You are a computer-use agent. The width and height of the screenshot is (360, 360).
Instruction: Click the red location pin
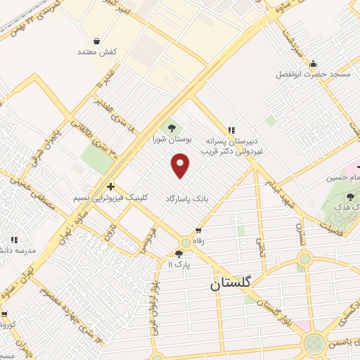(x=181, y=166)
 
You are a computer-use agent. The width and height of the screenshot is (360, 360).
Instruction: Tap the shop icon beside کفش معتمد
(x=96, y=41)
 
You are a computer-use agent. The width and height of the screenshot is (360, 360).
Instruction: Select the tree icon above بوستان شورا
(x=170, y=127)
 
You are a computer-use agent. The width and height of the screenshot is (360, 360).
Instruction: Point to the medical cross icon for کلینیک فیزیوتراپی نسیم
(x=110, y=186)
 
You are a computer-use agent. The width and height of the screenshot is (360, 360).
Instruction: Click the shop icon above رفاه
(x=198, y=230)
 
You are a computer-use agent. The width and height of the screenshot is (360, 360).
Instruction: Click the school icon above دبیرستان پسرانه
(x=231, y=129)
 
